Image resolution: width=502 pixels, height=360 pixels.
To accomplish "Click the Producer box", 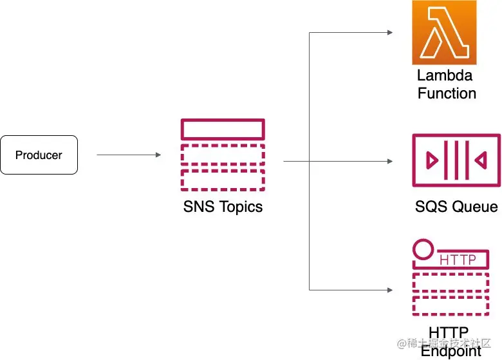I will tap(39, 155).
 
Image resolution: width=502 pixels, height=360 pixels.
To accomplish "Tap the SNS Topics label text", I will tap(223, 207).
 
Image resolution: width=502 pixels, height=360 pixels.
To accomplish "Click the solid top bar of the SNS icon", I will tap(223, 129).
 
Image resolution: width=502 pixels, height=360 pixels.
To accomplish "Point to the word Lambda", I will tap(444, 75).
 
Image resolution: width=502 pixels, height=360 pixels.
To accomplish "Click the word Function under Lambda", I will tap(447, 93).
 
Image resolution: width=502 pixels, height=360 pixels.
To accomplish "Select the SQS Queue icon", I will tap(456, 161).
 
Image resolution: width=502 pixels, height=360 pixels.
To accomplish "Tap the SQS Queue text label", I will tap(456, 207).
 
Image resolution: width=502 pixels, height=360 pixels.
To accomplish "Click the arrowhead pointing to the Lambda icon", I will tap(389, 32).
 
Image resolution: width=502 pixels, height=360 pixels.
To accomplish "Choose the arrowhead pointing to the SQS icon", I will tap(389, 161).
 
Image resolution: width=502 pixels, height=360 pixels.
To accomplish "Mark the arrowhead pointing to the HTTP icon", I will tap(389, 290).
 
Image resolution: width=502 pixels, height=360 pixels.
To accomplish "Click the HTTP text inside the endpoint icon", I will tap(457, 260).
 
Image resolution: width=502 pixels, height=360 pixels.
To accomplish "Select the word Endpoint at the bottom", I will tap(451, 351).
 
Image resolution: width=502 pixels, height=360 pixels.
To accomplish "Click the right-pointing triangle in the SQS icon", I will tap(432, 161).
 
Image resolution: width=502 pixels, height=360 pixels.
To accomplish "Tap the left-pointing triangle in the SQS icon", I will tap(479, 161).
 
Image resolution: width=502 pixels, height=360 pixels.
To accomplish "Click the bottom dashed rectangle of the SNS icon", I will tap(223, 180).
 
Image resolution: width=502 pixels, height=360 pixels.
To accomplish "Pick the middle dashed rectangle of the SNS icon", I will tap(223, 155).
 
